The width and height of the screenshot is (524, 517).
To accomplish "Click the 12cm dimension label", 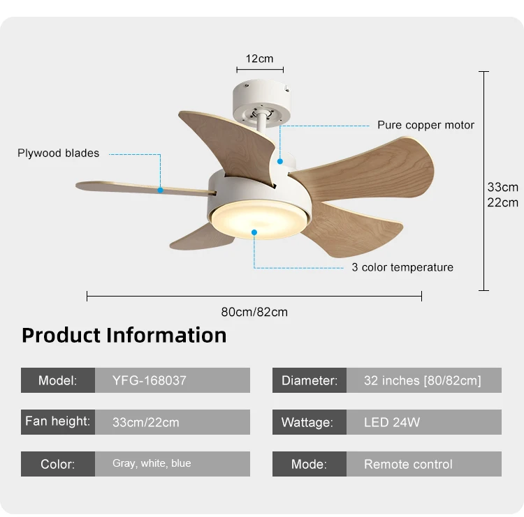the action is pyautogui.click(x=260, y=59).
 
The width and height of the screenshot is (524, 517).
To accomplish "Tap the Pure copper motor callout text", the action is pyautogui.click(x=425, y=126).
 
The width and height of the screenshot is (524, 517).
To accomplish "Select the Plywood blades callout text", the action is pyautogui.click(x=59, y=153).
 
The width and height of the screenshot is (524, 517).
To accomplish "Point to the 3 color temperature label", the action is pyautogui.click(x=402, y=267).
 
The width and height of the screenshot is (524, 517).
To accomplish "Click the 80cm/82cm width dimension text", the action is pyautogui.click(x=254, y=312).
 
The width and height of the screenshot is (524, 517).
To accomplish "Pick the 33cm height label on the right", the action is pyautogui.click(x=502, y=187).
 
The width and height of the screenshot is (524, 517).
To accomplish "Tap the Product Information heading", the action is pyautogui.click(x=124, y=336).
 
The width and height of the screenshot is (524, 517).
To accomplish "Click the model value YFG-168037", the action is pyautogui.click(x=150, y=381).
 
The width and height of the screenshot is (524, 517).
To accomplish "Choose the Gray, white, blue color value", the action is pyautogui.click(x=152, y=463).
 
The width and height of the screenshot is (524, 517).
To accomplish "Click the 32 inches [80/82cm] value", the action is pyautogui.click(x=422, y=381).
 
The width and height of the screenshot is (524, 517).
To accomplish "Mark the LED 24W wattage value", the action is pyautogui.click(x=392, y=423).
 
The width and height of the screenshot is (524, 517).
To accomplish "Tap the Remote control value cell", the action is pyautogui.click(x=408, y=464).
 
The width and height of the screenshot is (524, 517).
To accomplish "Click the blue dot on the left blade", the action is pyautogui.click(x=160, y=189).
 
